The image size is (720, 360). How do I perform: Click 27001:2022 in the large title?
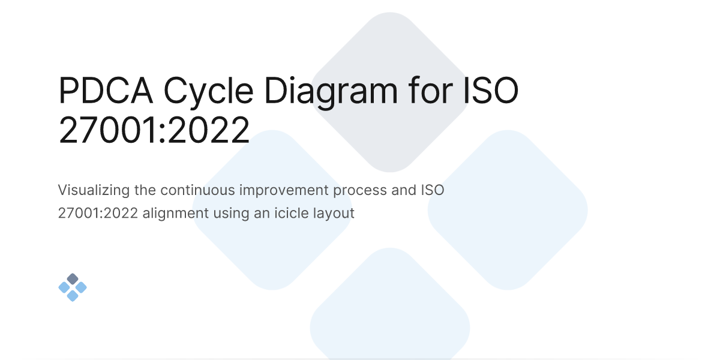point(154,131)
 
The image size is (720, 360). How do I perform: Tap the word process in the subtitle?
point(360,191)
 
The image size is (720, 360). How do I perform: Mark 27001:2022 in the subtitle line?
point(98,213)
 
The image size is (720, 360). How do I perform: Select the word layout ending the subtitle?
point(333,213)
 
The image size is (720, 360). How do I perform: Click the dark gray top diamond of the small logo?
point(73,279)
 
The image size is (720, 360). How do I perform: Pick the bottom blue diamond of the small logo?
point(73,296)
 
